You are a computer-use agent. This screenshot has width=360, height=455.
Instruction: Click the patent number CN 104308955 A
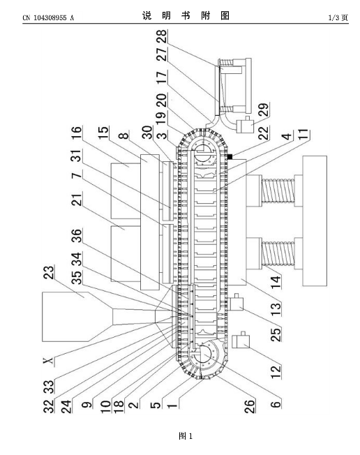[x=48, y=18]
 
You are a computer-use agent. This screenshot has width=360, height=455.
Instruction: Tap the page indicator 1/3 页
[x=338, y=18]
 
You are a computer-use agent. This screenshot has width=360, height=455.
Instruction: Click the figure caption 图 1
[x=186, y=436]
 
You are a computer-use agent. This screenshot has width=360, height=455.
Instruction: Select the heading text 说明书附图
[x=186, y=15]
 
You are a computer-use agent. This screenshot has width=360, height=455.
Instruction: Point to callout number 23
[x=49, y=272]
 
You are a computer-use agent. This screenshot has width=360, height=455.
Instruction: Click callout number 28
[x=162, y=37]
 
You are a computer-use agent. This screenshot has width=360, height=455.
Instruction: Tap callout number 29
[x=264, y=110]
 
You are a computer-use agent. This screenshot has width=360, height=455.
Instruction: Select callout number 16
[x=77, y=133]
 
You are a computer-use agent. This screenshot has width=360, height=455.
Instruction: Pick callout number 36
[x=77, y=235]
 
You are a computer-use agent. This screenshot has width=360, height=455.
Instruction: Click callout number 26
[x=250, y=405]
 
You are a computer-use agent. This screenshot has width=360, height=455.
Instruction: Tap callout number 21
[x=77, y=199]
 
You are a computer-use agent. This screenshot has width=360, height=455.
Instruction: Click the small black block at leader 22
[x=230, y=157]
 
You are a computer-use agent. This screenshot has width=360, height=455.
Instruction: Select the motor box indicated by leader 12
[x=241, y=341]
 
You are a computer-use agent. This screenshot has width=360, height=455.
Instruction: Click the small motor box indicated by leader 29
[x=246, y=126]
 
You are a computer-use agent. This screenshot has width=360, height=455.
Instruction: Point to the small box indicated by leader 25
[x=237, y=304]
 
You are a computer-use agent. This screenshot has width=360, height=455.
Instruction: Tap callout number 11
[x=303, y=135]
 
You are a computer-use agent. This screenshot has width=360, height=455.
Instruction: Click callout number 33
[x=49, y=387]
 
